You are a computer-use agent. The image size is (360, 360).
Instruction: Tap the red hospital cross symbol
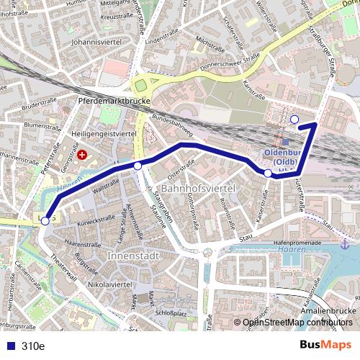tap(81, 154)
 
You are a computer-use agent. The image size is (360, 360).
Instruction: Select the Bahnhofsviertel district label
tap(199, 188)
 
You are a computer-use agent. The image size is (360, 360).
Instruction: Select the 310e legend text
tap(33, 346)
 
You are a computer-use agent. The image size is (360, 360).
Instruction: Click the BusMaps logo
tap(325, 346)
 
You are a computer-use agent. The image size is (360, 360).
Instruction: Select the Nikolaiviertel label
tap(107, 285)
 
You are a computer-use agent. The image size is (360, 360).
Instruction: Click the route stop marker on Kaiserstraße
tap(268, 174)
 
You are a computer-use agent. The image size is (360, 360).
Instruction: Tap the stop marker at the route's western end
tap(45, 221)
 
